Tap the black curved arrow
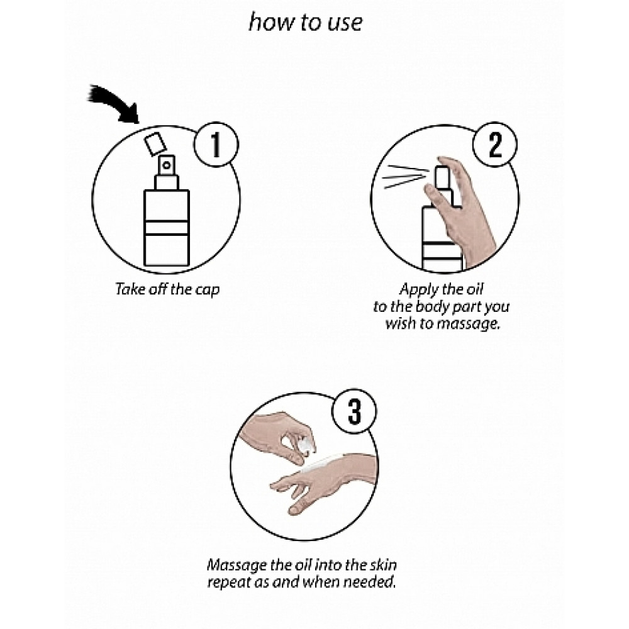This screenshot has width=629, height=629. pyautogui.click(x=114, y=103)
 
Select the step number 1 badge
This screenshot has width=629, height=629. pyautogui.click(x=216, y=145)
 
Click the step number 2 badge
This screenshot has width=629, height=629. pyautogui.click(x=495, y=145)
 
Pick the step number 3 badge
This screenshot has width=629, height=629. pyautogui.click(x=354, y=411)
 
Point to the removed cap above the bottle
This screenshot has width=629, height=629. pyautogui.click(x=155, y=143)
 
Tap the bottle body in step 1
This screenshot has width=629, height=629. pyautogui.click(x=167, y=228)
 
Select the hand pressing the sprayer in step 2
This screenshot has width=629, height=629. pyautogui.click(x=461, y=209)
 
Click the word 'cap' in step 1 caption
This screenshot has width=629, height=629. pyautogui.click(x=208, y=290)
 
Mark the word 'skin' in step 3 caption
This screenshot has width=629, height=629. pyautogui.click(x=383, y=565)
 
